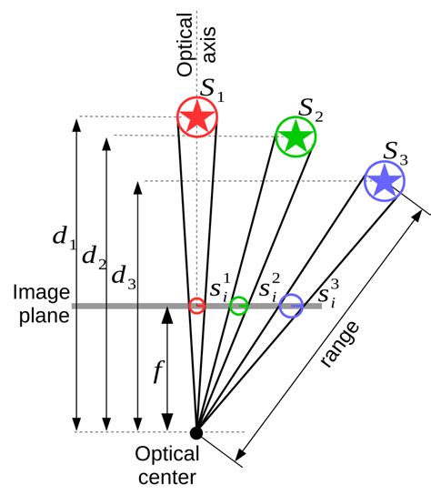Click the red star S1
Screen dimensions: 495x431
click(196, 117)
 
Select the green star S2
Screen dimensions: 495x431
click(295, 136)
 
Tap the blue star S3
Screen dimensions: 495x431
click(385, 181)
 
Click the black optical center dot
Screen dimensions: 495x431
click(196, 432)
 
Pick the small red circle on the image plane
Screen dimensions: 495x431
click(196, 306)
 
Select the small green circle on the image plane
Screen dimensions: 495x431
click(238, 306)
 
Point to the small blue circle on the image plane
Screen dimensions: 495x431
click(291, 306)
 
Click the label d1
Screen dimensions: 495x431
click(63, 238)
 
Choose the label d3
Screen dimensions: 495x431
click(123, 278)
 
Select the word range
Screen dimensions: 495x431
click(340, 343)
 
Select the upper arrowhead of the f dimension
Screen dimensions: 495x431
click(167, 312)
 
